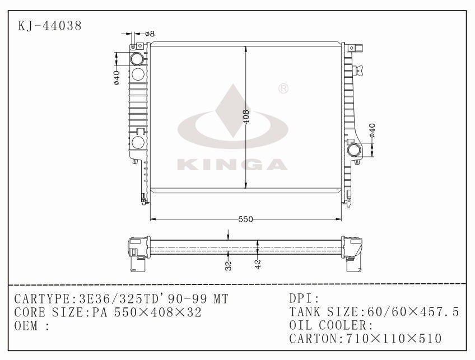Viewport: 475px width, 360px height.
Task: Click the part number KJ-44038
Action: coord(50,26)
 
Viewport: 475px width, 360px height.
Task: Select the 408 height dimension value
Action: coord(246,116)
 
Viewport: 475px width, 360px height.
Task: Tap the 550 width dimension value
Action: coord(245,219)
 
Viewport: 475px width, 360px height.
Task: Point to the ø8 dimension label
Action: coord(150,34)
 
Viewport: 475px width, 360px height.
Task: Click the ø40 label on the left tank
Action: coord(117,77)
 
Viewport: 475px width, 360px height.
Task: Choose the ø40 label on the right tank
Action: coord(372,130)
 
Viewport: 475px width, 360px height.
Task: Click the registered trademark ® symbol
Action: coord(283,88)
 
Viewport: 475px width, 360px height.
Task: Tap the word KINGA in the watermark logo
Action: coord(232,164)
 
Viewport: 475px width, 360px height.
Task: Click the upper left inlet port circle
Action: coord(137,59)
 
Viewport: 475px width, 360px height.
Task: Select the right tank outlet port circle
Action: coord(354,150)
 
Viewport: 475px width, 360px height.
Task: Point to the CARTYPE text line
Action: coord(121,298)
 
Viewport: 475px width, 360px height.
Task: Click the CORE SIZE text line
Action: coord(108,312)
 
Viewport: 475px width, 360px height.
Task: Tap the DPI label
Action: coord(304,298)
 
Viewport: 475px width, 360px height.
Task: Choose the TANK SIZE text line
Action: coord(374,312)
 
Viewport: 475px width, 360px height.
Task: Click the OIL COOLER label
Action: coord(331,325)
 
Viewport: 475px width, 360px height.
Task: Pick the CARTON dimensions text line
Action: coord(366,339)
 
